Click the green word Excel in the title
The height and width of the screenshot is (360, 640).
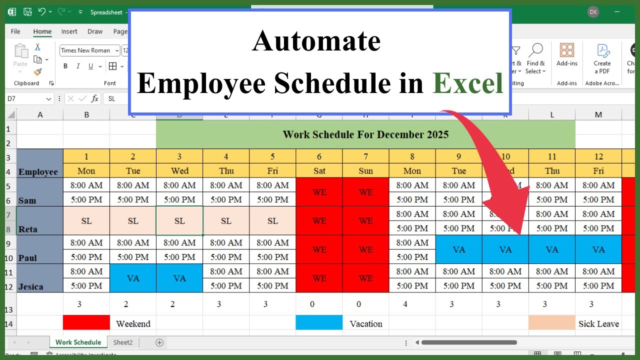pos(467,83)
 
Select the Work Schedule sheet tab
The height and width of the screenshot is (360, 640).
pos(78,342)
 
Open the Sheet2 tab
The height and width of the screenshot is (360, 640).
pos(123,342)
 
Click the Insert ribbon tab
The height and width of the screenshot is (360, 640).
pos(69,31)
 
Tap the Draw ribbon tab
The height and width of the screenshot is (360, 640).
pos(95,31)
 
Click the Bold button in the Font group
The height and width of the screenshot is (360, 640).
pos(65,66)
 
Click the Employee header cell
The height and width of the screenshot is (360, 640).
pos(38,171)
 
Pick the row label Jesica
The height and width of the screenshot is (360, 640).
pos(31,286)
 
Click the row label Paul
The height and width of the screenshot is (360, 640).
pos(28,258)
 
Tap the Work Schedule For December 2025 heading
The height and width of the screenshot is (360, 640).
pos(365,134)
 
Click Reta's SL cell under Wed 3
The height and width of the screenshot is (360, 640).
pos(179,220)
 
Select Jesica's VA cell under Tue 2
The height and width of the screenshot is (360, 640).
pos(133,278)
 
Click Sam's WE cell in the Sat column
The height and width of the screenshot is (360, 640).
pos(319,192)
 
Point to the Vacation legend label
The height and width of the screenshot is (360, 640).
pos(365,323)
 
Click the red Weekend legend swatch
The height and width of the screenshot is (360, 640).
pos(86,323)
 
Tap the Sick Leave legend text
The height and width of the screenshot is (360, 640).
pos(598,323)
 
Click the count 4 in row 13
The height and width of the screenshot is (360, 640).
pos(412,304)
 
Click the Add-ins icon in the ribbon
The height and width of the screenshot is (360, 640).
pos(567,50)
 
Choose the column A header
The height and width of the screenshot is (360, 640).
pos(40,115)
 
